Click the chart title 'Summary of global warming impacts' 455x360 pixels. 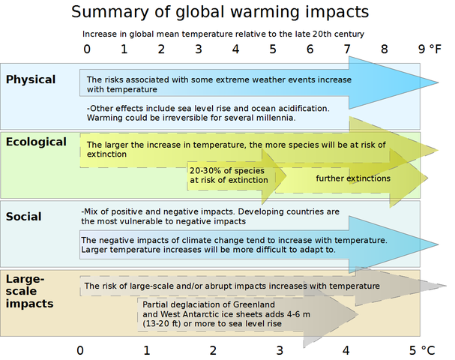[220, 12]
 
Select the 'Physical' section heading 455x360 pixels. [31, 79]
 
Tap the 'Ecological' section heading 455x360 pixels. [36, 141]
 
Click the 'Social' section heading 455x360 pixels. [23, 217]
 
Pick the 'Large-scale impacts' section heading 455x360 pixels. [29, 291]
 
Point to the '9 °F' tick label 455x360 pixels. [430, 49]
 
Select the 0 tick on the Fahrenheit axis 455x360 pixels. [87, 49]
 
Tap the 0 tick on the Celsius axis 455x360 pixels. [80, 349]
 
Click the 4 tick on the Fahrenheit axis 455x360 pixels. [235, 49]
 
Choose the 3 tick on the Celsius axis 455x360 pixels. [280, 349]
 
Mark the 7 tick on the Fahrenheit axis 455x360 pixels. [347, 49]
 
